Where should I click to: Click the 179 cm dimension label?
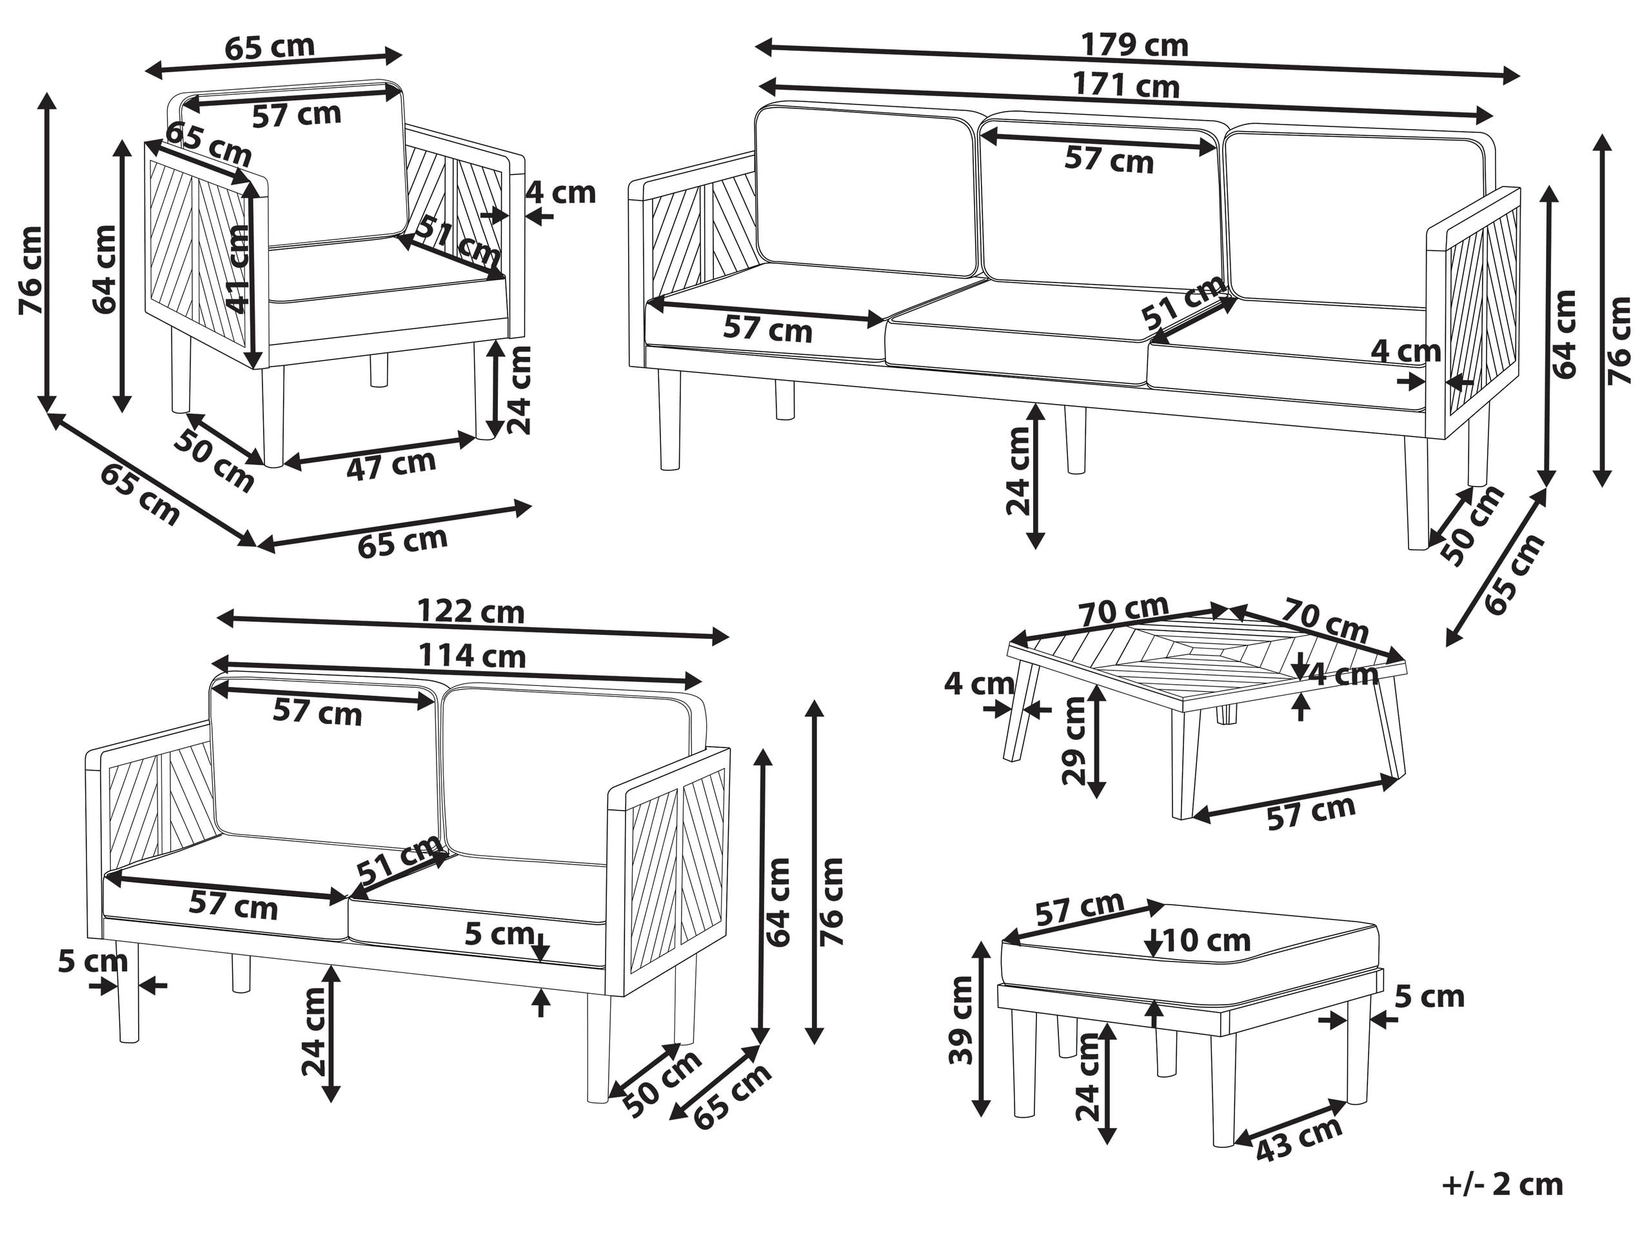(1134, 46)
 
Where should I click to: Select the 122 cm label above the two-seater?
(470, 612)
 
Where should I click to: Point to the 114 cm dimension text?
(471, 656)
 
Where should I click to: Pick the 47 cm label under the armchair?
(390, 465)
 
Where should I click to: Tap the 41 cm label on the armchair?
(238, 269)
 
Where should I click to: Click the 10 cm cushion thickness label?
(1206, 940)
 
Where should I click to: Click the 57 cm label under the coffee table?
(1310, 812)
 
